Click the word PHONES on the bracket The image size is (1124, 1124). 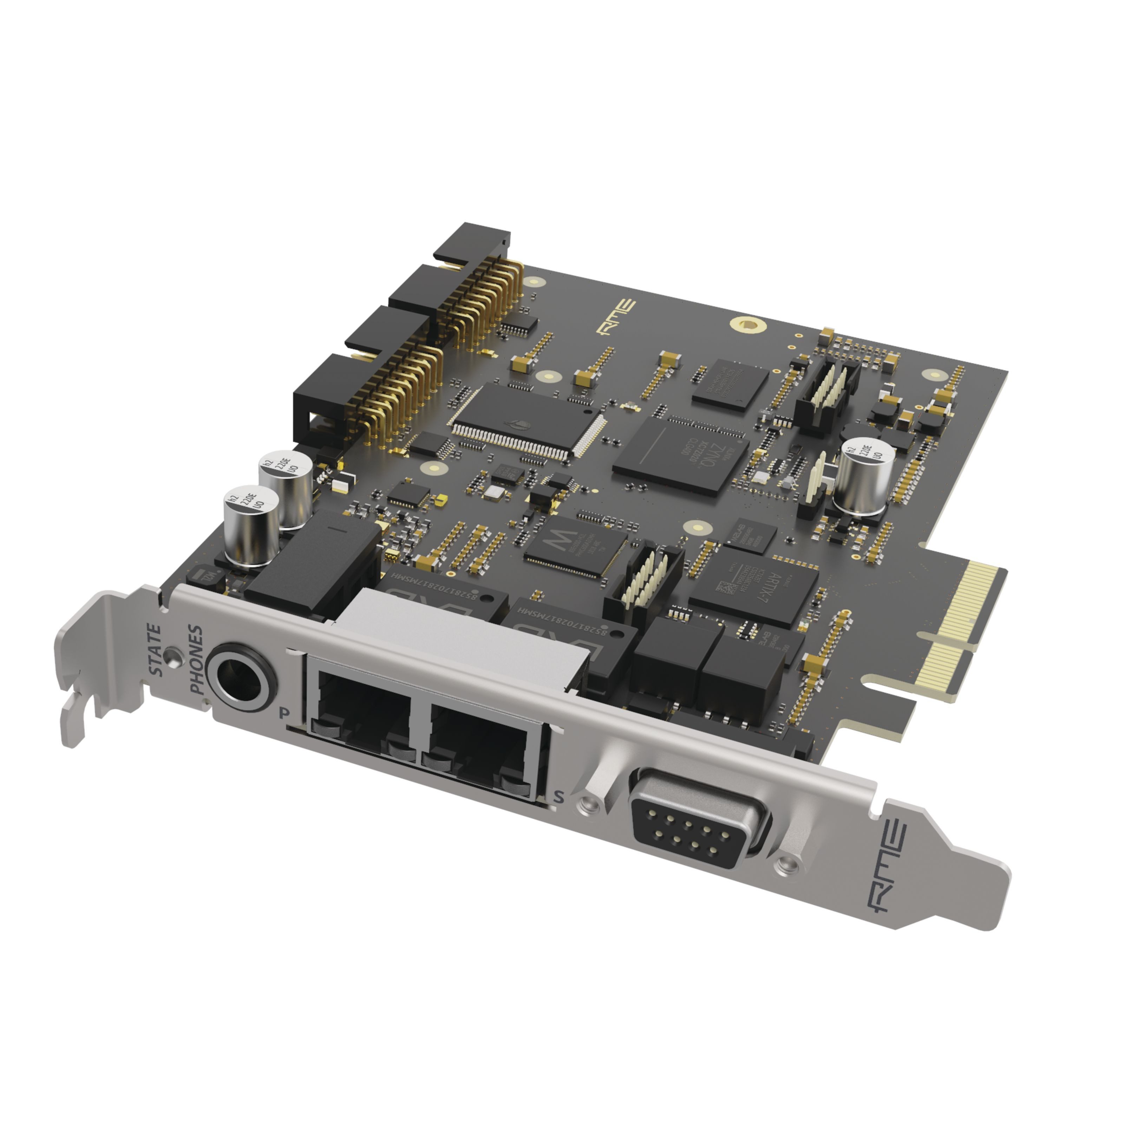tap(196, 660)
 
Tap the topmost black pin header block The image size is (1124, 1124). tap(472, 245)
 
